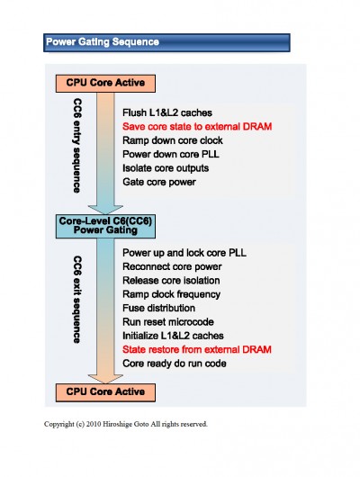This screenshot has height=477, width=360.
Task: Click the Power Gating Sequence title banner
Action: coord(166,42)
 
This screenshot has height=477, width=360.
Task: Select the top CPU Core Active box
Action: coord(105,84)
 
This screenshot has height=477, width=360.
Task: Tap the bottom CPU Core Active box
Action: coord(105,392)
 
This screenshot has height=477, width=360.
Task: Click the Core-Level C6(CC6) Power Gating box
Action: coord(105,226)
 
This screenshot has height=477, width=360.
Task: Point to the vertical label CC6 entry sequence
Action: coord(77,145)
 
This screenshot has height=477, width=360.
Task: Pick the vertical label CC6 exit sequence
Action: coord(77,300)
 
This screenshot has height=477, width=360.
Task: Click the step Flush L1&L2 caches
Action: coord(167,112)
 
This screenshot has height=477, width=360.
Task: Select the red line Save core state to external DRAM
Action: coord(197,127)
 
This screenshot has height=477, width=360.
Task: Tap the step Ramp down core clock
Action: coord(173,140)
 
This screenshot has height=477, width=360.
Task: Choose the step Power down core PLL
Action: coord(171,154)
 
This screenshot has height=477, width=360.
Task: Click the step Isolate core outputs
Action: coord(166,168)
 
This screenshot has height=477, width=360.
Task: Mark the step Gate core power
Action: coord(159,182)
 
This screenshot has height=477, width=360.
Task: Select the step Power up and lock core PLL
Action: coord(184,253)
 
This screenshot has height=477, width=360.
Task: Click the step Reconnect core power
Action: coord(172,266)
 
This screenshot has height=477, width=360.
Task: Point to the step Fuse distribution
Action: coord(158,308)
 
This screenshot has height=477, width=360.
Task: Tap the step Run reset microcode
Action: coord(168,322)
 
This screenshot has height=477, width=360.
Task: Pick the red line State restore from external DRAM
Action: coord(197,349)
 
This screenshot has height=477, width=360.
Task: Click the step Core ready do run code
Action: coord(174,364)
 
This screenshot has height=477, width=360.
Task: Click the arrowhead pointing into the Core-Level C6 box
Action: coord(105,210)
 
